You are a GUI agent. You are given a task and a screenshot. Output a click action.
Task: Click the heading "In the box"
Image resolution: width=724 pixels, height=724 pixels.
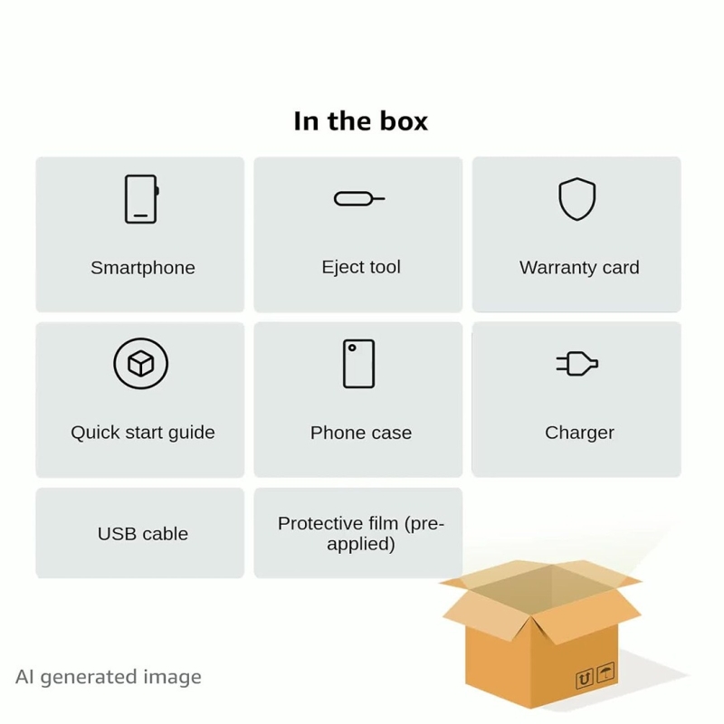coord(360,121)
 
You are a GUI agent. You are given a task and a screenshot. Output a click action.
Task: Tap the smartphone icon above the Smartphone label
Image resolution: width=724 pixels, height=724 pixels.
coord(142,199)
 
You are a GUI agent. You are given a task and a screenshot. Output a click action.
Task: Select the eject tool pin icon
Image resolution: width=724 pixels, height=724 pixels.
coord(359,198)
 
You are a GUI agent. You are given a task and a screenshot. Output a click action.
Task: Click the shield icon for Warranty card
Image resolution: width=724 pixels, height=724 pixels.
coord(576,199)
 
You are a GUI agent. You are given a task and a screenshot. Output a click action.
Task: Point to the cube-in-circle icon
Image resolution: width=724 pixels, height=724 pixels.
coord(141,364)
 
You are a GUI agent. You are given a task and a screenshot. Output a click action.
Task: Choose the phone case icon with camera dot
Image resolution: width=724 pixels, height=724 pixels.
coord(358,364)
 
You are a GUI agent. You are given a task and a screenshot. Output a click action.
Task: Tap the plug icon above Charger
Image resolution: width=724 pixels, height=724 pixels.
coord(577,364)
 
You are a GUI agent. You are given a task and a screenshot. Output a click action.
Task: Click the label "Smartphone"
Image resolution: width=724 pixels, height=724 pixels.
coord(143,268)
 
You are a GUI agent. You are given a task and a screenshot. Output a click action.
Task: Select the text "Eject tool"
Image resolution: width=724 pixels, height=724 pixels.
coord(361,267)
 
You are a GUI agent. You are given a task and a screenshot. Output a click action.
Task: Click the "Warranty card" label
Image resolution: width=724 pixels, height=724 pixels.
coord(579,267)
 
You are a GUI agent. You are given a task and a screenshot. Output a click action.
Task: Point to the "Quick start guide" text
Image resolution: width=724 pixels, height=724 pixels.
coord(143,433)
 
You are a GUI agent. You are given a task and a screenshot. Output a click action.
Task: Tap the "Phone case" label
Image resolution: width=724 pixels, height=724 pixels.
coord(361,433)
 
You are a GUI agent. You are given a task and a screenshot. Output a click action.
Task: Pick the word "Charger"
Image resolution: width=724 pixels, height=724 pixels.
coord(579,433)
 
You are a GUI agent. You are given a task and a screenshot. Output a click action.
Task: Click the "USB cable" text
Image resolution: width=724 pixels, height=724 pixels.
coord(143,534)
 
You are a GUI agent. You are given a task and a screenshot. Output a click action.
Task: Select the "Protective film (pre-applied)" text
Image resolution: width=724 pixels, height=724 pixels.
coord(361,533)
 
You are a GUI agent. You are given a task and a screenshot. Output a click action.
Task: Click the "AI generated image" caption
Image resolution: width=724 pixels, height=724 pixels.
coord(109,677)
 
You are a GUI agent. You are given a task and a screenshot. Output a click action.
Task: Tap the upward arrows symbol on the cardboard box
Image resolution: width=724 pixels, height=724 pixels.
coord(584,679)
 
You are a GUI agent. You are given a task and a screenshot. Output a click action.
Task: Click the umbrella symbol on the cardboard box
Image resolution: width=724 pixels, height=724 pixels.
coord(605,672)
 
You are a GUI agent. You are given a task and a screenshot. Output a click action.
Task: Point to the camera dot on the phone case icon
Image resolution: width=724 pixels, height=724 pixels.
coord(352,348)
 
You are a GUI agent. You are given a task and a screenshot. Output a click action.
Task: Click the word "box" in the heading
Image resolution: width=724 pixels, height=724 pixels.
coord(404,121)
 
